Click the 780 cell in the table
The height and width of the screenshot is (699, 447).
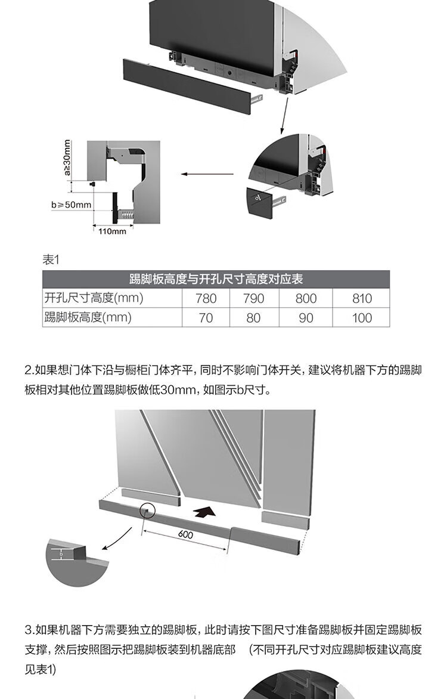pyautogui.click(x=206, y=298)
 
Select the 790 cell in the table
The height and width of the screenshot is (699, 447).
pyautogui.click(x=253, y=298)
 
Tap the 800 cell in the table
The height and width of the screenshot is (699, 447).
pyautogui.click(x=306, y=298)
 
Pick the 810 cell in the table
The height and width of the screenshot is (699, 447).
pyautogui.click(x=361, y=298)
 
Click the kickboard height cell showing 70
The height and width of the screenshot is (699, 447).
pyautogui.click(x=206, y=318)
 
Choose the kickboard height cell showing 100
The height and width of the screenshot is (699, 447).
pyautogui.click(x=361, y=318)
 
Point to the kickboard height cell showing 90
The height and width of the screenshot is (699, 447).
pyautogui.click(x=306, y=318)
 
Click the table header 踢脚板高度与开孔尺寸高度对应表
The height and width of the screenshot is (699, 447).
pyautogui.click(x=216, y=279)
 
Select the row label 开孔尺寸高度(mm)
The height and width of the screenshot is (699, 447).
pyautogui.click(x=94, y=298)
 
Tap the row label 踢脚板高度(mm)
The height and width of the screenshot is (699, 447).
pyautogui.click(x=88, y=317)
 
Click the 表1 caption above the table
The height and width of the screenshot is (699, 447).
pyautogui.click(x=51, y=259)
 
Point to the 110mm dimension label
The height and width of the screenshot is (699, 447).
pyautogui.click(x=112, y=231)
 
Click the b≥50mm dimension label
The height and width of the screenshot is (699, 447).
pyautogui.click(x=71, y=205)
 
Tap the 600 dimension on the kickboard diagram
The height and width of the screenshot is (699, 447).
pyautogui.click(x=185, y=534)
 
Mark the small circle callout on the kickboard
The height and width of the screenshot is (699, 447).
pyautogui.click(x=147, y=511)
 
